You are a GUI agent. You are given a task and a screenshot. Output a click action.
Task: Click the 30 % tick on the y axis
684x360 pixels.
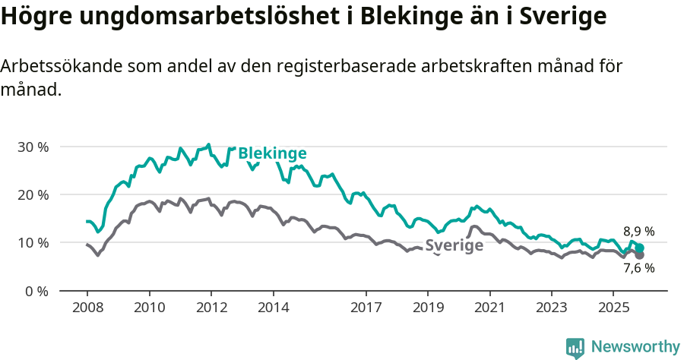point(33,147)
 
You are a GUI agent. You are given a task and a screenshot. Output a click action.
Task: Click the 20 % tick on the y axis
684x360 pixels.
point(33,194)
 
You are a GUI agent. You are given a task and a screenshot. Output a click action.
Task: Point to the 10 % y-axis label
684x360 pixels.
point(33,242)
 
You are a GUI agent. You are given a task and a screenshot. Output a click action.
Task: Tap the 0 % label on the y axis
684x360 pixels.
point(36,291)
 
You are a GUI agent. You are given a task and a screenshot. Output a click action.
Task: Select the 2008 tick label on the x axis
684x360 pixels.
point(87,308)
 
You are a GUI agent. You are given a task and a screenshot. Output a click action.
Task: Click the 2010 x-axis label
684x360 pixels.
point(149,308)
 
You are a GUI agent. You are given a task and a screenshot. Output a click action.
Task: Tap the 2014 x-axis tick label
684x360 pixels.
point(273,308)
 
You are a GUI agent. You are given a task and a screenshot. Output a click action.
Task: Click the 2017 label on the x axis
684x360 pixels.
point(366,308)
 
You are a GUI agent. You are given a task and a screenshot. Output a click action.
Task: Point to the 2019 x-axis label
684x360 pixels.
point(428,308)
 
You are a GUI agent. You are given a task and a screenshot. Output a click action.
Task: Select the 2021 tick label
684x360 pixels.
point(489,308)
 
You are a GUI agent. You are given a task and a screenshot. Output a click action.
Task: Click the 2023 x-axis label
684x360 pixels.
point(551,308)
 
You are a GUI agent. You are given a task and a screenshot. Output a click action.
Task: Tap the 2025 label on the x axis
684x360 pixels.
point(613,308)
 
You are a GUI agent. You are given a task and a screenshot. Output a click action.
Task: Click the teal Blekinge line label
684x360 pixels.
point(272,153)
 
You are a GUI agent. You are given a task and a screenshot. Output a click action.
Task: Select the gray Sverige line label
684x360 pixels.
point(454,245)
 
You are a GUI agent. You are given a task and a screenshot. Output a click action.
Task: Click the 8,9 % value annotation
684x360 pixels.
point(639,232)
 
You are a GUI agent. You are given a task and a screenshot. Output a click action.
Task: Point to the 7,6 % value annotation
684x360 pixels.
point(639,267)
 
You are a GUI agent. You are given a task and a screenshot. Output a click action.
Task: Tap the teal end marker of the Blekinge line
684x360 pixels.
point(640,248)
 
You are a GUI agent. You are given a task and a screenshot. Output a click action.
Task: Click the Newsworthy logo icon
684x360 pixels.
point(575,348)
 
